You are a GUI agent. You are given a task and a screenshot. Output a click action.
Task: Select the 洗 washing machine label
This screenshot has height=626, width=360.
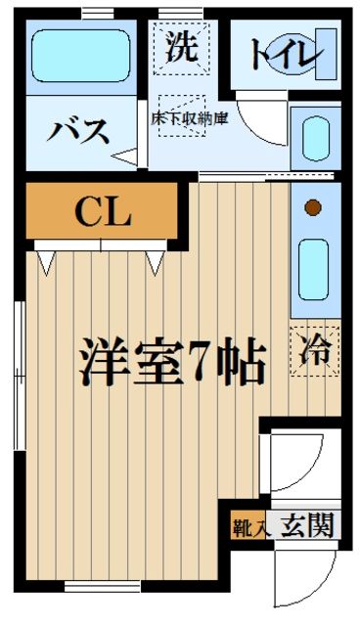tap(180, 47)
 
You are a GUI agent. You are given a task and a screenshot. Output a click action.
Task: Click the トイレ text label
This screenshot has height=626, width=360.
tap(284, 55)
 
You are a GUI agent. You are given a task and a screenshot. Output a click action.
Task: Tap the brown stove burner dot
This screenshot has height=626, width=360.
tap(313, 207)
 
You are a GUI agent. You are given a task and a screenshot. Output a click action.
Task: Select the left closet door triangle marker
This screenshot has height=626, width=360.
tap(46, 262)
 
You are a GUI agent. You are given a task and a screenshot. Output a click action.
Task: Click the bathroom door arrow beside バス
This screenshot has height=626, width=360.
tap(126, 154)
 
